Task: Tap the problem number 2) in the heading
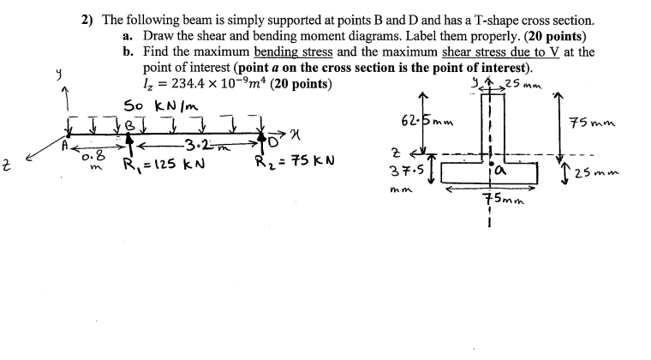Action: (x=84, y=20)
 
